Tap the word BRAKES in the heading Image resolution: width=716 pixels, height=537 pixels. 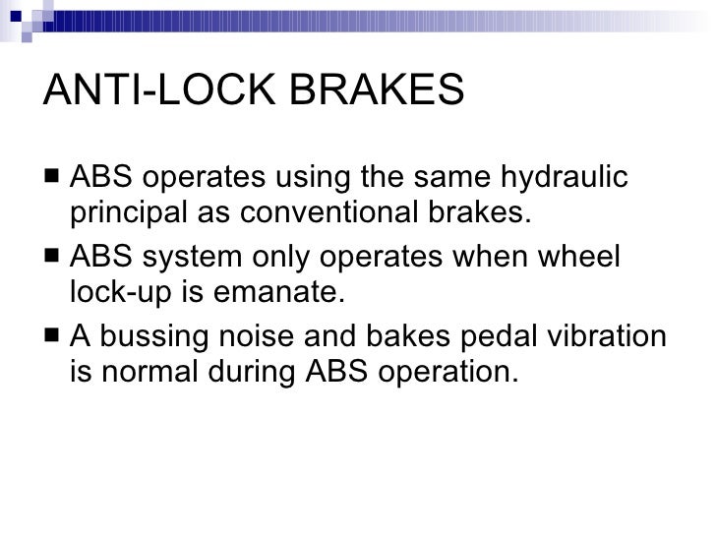(x=387, y=91)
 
